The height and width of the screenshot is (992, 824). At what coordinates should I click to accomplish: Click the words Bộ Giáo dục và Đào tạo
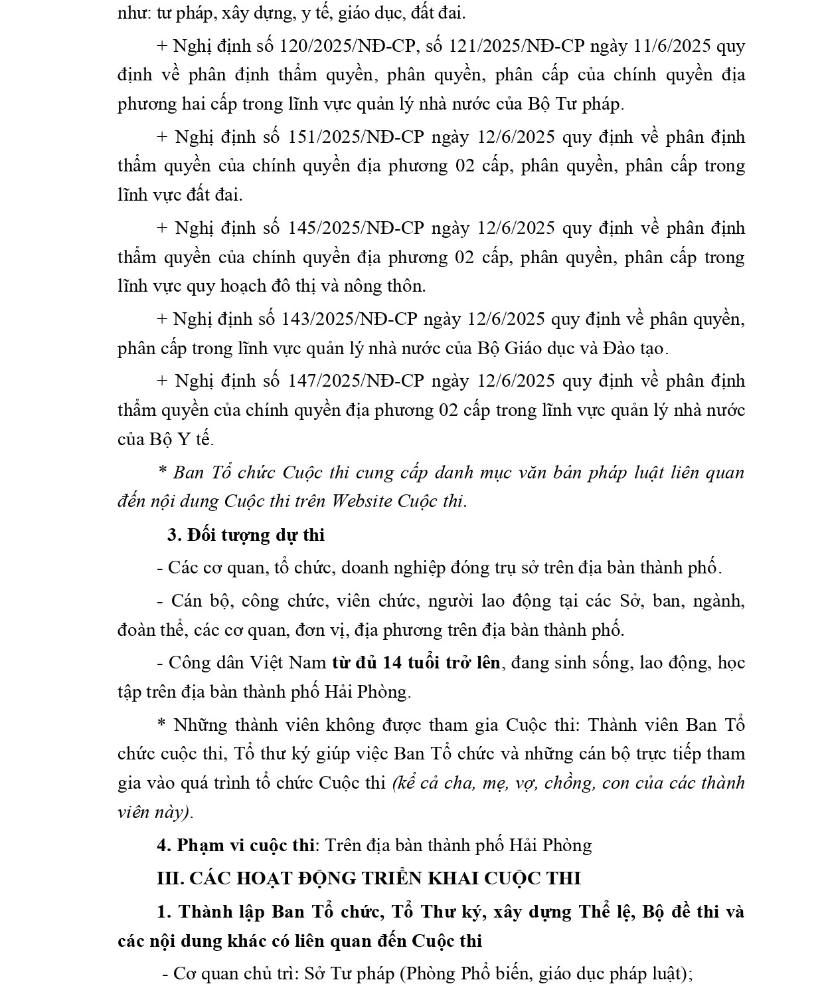[570, 348]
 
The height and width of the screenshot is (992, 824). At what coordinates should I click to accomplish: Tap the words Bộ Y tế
[179, 439]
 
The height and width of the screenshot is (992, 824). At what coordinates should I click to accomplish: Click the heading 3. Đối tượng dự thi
[246, 535]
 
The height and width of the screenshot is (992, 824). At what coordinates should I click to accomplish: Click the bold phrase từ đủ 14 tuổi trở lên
[416, 662]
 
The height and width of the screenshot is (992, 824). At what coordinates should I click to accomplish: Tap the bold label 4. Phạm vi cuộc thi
[236, 845]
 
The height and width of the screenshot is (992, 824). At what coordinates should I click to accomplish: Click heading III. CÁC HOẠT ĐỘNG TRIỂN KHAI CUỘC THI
[369, 878]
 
